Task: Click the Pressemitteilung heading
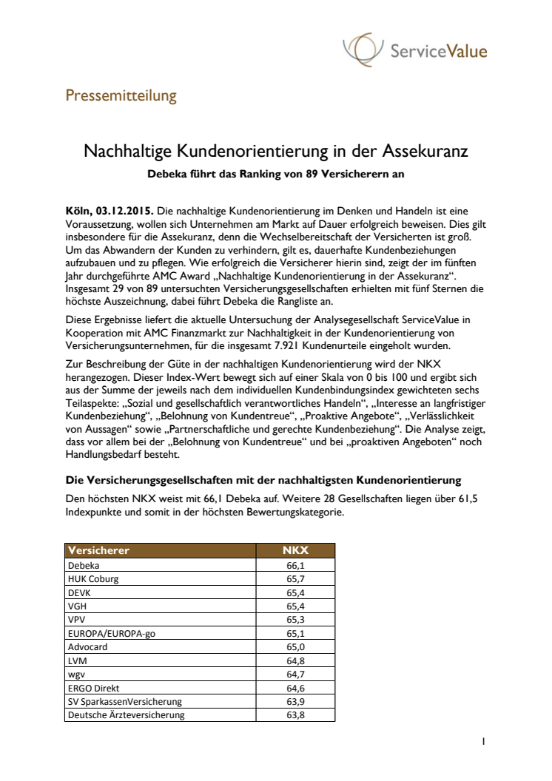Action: point(121,95)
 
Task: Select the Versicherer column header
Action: point(99,550)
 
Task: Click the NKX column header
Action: point(295,550)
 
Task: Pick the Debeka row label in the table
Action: point(83,564)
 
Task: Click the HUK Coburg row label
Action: point(92,578)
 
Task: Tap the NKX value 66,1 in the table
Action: point(295,564)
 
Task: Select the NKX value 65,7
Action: point(295,578)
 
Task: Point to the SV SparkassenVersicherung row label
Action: point(124,701)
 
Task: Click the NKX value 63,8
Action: point(295,715)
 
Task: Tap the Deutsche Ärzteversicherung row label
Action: point(127,715)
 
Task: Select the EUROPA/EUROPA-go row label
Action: point(110,632)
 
